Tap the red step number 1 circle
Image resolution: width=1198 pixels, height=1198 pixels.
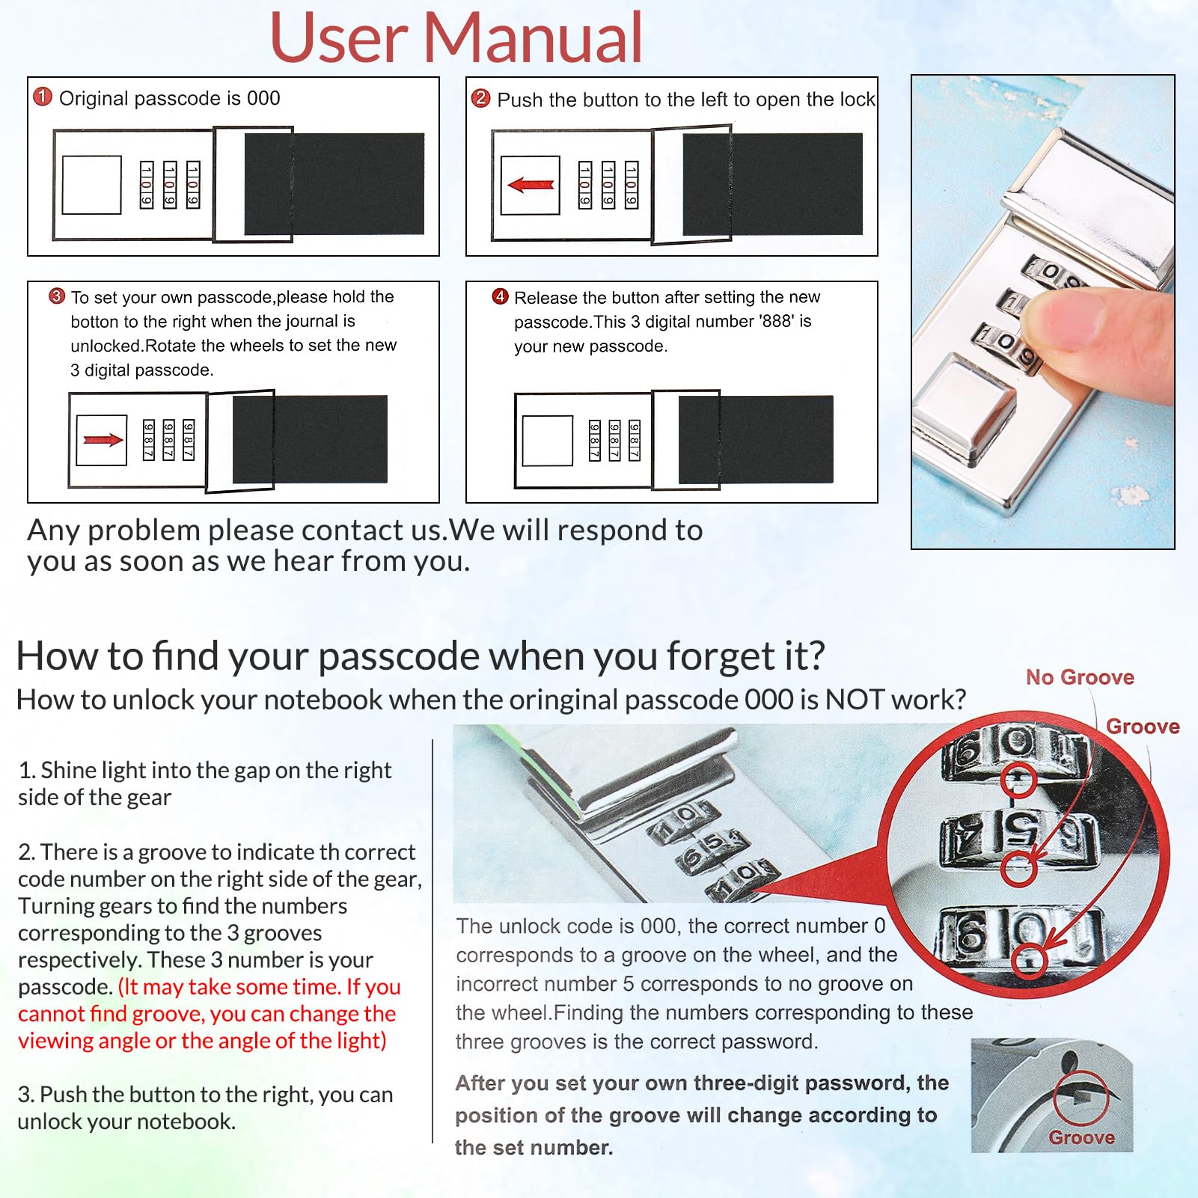point(43,97)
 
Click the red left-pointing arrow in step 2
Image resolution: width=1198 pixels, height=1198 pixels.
point(531,185)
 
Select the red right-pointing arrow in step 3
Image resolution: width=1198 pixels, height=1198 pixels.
point(103,440)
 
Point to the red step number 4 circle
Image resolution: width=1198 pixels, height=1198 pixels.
point(501,296)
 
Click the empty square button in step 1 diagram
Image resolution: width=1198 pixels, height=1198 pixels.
point(92,185)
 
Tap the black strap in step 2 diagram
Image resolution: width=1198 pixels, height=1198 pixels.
point(772,184)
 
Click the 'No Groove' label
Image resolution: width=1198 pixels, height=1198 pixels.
point(1080,677)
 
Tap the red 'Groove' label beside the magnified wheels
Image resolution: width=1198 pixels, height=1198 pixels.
point(1143,727)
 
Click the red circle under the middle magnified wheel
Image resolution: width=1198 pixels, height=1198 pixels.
point(1018,869)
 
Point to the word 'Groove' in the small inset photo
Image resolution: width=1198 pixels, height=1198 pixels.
point(1081,1137)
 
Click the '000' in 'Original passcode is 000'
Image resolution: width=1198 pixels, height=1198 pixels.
point(263,98)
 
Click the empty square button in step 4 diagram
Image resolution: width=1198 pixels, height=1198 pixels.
point(548,441)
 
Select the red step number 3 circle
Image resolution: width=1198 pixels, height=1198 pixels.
point(57,296)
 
